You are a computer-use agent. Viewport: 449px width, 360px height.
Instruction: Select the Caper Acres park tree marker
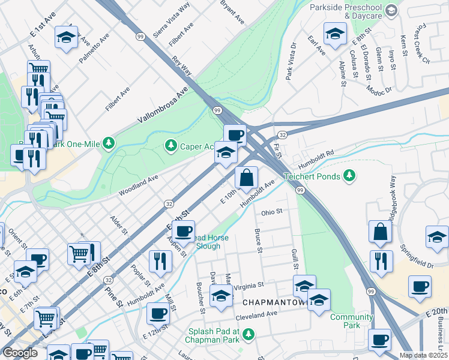click(171, 146)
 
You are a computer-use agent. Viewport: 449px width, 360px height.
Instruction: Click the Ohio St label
click(271, 212)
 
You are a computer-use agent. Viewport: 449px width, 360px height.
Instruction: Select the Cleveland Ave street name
click(256, 313)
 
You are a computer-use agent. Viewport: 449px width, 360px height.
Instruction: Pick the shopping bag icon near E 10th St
click(246, 177)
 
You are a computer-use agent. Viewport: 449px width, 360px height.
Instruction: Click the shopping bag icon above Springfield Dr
click(381, 231)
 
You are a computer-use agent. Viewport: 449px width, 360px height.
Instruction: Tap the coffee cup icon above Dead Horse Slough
click(184, 230)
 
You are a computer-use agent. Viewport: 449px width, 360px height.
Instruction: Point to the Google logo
click(19, 353)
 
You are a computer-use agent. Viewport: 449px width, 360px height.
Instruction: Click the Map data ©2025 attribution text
click(423, 355)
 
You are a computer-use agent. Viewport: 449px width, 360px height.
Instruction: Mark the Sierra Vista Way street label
click(171, 20)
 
